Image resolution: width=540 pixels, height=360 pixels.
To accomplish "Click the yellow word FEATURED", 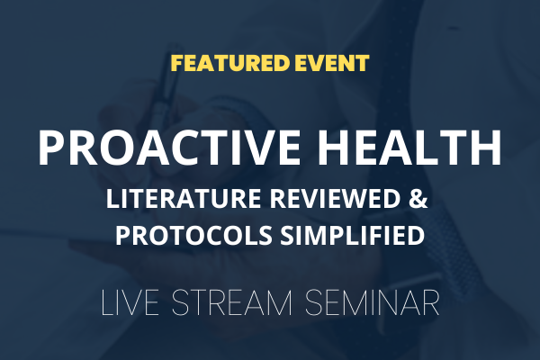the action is (x=230, y=63).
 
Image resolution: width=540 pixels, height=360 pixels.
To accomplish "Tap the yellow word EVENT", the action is (x=330, y=63).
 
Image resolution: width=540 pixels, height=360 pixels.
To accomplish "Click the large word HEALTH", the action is (x=409, y=148).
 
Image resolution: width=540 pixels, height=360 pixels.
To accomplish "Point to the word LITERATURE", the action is (x=184, y=199).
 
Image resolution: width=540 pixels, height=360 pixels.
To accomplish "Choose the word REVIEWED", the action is (x=334, y=199).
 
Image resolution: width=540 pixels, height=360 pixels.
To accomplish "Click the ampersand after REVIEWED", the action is (x=418, y=199).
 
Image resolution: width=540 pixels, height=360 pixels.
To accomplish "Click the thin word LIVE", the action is (x=130, y=302).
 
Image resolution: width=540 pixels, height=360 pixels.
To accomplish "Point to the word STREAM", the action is (x=232, y=302).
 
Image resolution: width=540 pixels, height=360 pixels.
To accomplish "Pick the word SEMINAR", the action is (x=373, y=302).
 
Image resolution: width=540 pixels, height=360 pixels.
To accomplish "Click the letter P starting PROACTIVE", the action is (x=51, y=148).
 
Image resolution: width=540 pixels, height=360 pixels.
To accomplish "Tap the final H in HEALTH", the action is (x=487, y=148).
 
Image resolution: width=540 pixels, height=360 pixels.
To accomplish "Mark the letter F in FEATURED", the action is (x=177, y=63).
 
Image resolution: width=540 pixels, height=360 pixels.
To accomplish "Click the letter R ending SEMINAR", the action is (x=430, y=302).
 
